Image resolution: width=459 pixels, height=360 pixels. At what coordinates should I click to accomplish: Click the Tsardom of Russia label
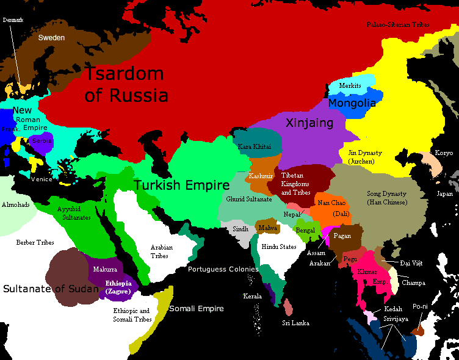pyautogui.click(x=125, y=84)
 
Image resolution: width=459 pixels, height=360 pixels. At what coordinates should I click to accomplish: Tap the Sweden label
pyautogui.click(x=51, y=37)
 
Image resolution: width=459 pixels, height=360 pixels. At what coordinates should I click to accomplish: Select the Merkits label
pyautogui.click(x=350, y=86)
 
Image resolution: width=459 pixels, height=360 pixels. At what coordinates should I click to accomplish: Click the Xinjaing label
pyautogui.click(x=309, y=123)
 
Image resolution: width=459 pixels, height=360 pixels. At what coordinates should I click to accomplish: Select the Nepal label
pyautogui.click(x=291, y=214)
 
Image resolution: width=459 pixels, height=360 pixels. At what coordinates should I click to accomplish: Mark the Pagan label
pyautogui.click(x=342, y=236)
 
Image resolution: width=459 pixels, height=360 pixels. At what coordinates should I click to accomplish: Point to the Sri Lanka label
pyautogui.click(x=294, y=322)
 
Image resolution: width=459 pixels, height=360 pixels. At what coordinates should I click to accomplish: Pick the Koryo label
pyautogui.click(x=443, y=153)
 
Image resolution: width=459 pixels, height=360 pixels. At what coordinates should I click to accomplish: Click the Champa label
pyautogui.click(x=413, y=283)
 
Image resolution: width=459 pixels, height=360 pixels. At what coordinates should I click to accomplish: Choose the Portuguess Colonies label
pyautogui.click(x=223, y=269)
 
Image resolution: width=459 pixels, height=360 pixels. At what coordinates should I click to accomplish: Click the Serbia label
pyautogui.click(x=42, y=140)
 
